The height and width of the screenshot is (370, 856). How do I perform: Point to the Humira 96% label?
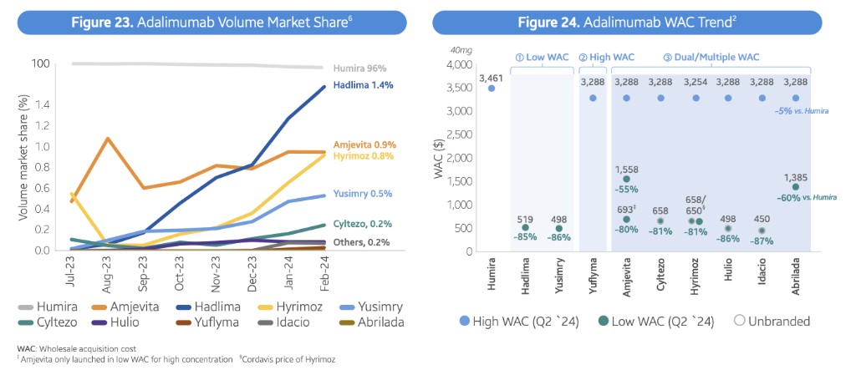point(360,68)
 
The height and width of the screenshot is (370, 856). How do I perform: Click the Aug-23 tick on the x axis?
point(108,271)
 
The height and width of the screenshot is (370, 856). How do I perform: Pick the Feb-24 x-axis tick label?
point(325,271)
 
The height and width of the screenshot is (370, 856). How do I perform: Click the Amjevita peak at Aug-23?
point(107,139)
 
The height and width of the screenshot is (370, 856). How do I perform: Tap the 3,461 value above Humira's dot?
point(491,78)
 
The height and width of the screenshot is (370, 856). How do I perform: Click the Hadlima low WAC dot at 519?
point(525,227)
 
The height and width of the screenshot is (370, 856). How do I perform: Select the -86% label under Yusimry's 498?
point(558,238)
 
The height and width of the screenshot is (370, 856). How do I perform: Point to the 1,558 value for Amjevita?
point(627,169)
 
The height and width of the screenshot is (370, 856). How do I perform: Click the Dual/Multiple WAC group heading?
point(711,57)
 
